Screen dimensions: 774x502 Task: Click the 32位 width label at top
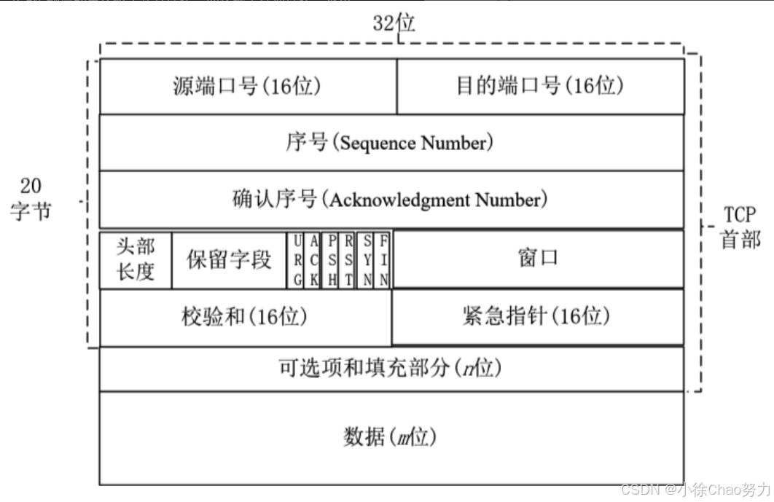click(x=394, y=23)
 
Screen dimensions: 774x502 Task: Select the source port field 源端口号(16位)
click(x=247, y=86)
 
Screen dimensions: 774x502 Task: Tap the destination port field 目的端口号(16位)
click(x=540, y=86)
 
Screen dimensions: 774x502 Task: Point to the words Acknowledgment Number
click(x=436, y=200)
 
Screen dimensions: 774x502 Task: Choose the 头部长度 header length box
click(x=136, y=259)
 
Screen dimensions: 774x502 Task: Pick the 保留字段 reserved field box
click(x=229, y=259)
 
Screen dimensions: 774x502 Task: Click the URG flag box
click(x=297, y=260)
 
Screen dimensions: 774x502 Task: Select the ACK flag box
click(x=313, y=260)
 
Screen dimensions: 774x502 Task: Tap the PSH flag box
click(x=332, y=260)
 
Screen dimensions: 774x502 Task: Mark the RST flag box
click(x=348, y=260)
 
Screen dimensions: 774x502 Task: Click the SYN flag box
click(x=366, y=260)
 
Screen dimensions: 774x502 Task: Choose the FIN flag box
click(x=383, y=260)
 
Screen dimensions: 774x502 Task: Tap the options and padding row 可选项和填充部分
click(x=391, y=368)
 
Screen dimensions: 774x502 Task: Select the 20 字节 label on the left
click(x=31, y=200)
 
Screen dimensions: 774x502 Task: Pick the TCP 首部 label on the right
click(x=740, y=227)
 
